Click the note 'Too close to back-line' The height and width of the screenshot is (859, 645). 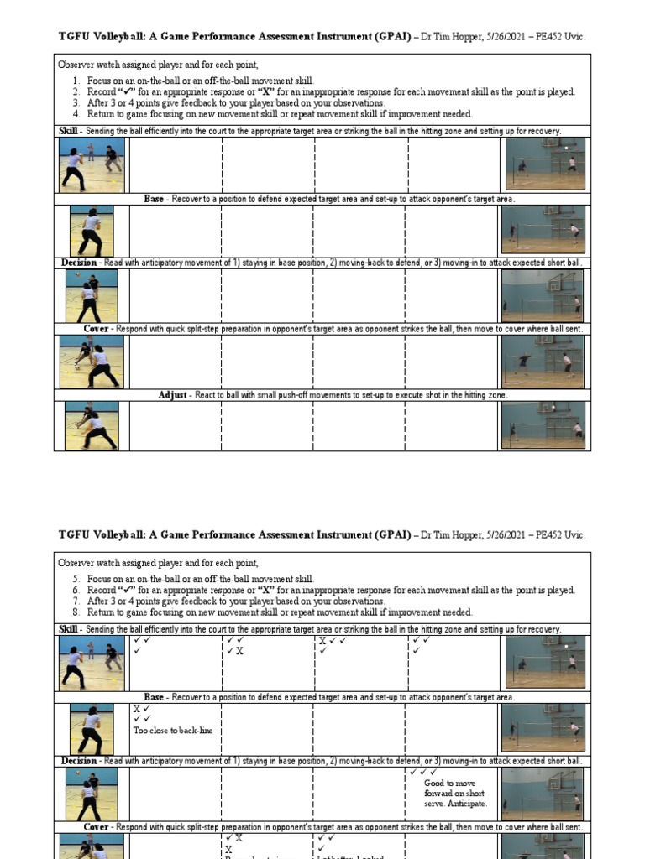tap(172, 731)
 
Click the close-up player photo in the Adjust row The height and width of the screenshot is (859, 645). tap(92, 425)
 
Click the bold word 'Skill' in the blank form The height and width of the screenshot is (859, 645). tap(67, 131)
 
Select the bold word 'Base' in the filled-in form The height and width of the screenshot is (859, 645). tap(154, 697)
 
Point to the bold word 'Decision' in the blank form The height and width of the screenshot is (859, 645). tap(79, 263)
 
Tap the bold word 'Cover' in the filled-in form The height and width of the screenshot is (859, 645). tap(97, 826)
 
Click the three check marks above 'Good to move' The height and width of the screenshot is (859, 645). tap(422, 772)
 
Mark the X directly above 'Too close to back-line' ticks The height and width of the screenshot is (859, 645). tap(136, 708)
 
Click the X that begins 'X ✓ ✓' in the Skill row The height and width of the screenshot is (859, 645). tap(322, 640)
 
